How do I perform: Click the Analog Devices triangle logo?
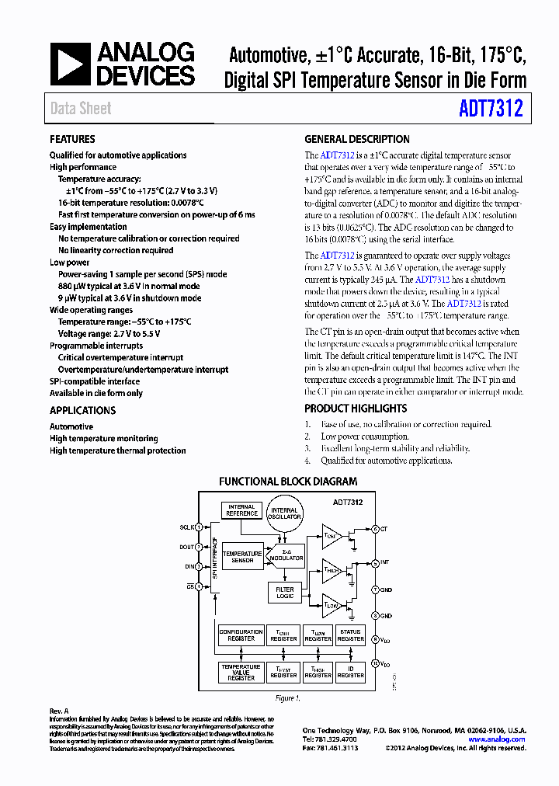(x=69, y=64)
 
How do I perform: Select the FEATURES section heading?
(x=72, y=139)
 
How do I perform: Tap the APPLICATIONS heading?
(x=82, y=410)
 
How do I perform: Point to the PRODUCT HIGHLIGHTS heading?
(x=356, y=409)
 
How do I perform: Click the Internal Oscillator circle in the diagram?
(x=284, y=513)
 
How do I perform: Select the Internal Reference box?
(x=241, y=510)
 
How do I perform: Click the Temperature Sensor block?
(x=242, y=557)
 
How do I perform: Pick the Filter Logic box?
(x=285, y=593)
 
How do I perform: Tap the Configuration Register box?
(x=241, y=635)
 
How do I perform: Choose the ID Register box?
(x=350, y=672)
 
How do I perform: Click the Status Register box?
(x=350, y=635)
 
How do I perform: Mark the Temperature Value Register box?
(x=241, y=672)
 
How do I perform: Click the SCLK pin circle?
(x=199, y=527)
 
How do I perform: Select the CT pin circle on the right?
(x=375, y=528)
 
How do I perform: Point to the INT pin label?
(x=385, y=562)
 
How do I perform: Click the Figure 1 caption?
(x=287, y=698)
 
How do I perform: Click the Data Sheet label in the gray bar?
(x=81, y=109)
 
